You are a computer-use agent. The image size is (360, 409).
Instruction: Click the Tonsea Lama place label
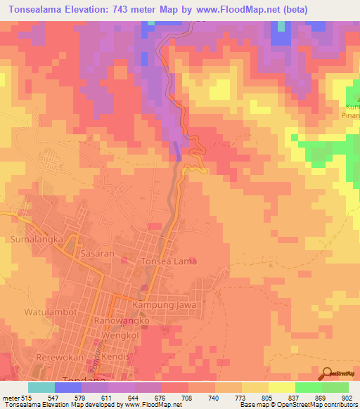(x=169, y=261)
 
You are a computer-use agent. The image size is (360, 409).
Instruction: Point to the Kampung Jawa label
(x=162, y=307)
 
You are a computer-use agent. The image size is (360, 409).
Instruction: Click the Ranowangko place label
(x=123, y=320)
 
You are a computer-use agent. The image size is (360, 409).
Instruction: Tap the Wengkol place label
(x=117, y=336)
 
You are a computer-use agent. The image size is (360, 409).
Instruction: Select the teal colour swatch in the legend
(x=41, y=387)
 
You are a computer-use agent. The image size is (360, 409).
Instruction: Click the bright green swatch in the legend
(x=308, y=387)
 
